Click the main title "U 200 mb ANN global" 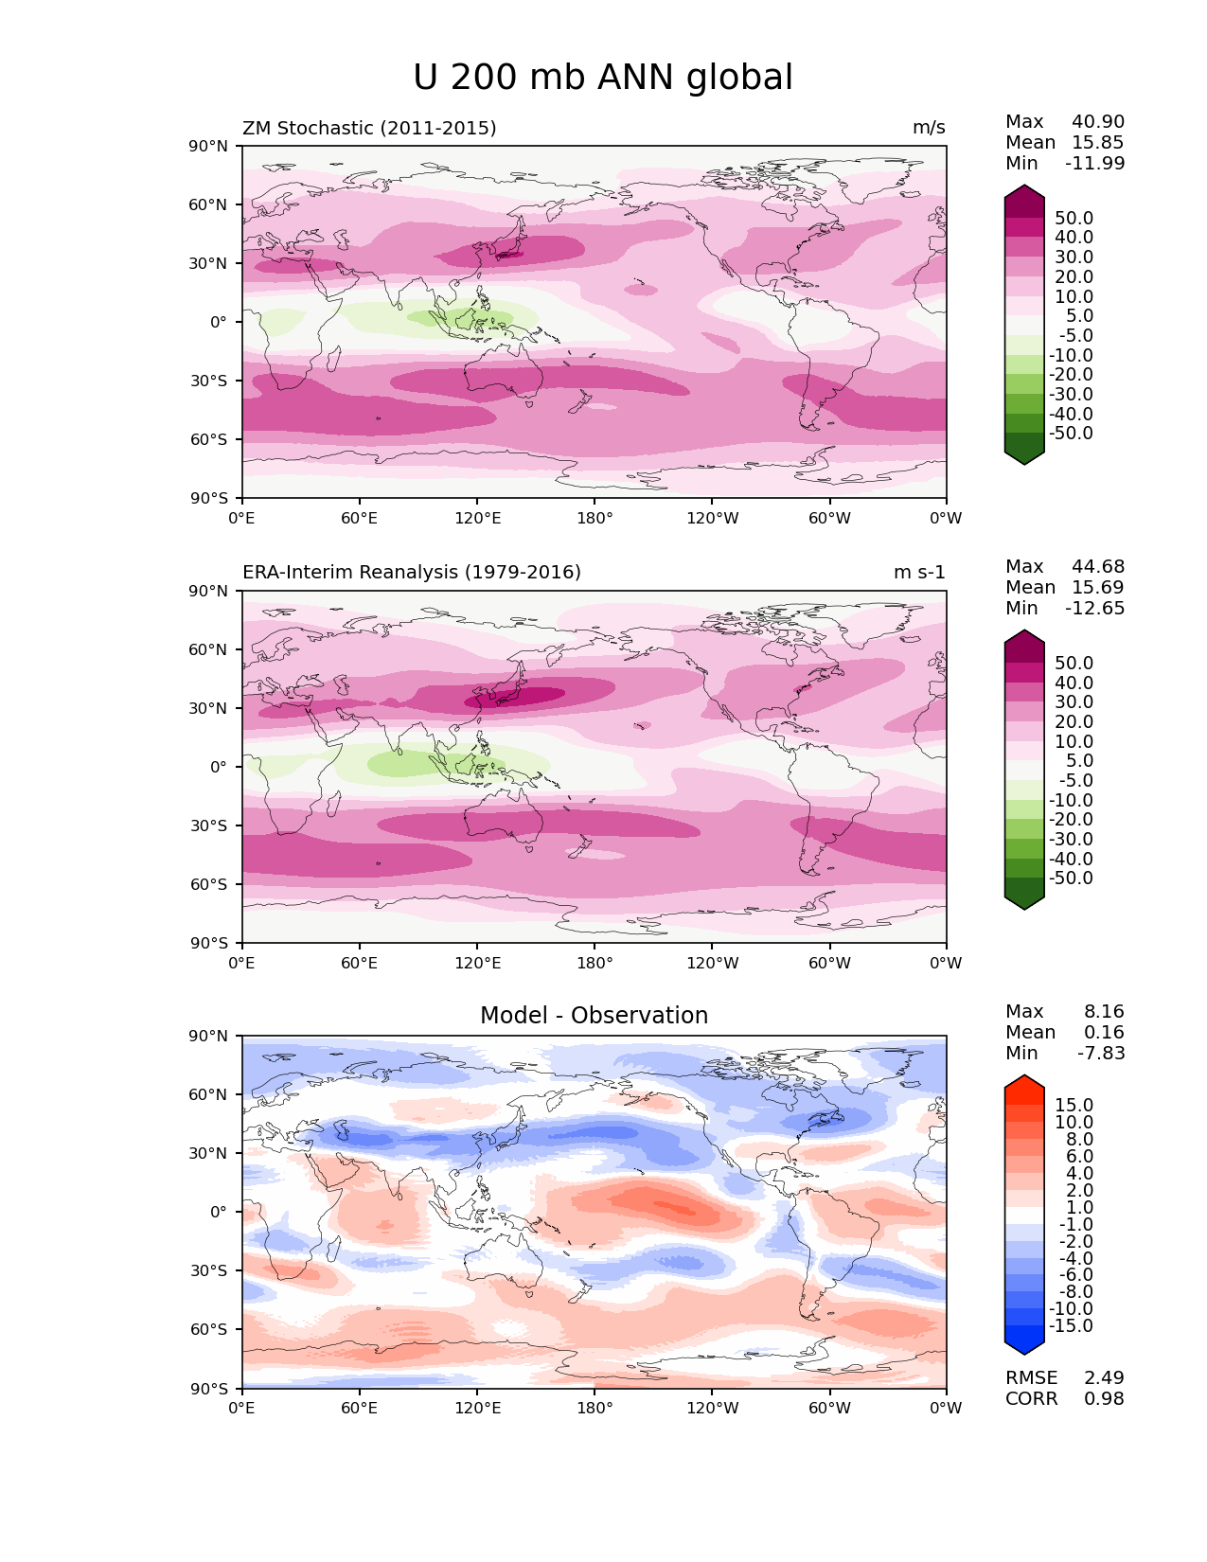tap(603, 78)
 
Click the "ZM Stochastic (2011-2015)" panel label tap(369, 128)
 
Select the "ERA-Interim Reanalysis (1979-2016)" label tap(412, 573)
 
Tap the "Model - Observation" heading tap(594, 1016)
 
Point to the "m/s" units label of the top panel tap(929, 128)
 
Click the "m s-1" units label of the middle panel tap(919, 573)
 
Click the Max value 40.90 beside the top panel tap(1098, 122)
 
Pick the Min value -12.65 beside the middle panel tap(1095, 609)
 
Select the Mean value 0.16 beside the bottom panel tap(1104, 1033)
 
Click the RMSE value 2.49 tap(1104, 1378)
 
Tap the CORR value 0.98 tap(1104, 1399)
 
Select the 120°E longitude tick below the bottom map tap(477, 1409)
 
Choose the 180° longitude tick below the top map tap(595, 519)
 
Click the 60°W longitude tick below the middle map tap(829, 964)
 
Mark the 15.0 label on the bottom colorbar tap(1074, 1106)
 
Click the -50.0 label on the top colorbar tap(1071, 434)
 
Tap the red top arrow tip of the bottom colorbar tap(1024, 1082)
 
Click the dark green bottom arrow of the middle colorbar tap(1024, 899)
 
